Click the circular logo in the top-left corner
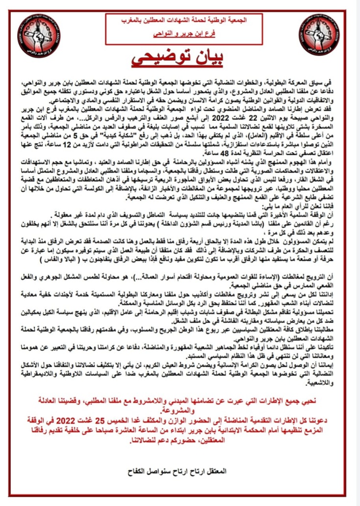click(x=39, y=37)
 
